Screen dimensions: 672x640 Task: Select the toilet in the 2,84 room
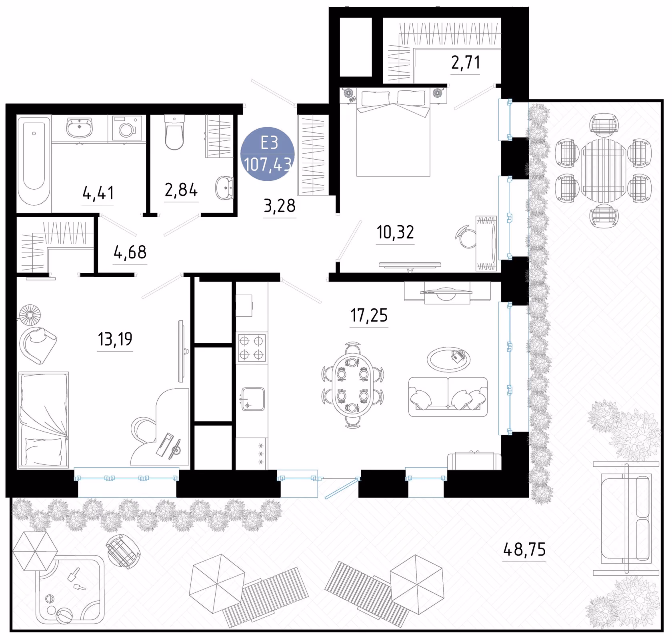point(174,132)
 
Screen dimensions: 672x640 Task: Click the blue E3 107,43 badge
point(268,154)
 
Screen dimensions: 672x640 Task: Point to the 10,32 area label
point(395,232)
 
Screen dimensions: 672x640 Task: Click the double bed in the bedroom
point(393,132)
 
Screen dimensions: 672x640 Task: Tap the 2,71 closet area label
point(466,62)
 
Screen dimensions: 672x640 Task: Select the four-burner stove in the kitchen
point(252,348)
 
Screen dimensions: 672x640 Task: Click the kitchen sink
point(252,399)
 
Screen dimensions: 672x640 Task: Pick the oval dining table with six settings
point(352,385)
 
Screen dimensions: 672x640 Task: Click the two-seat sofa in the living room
point(448,397)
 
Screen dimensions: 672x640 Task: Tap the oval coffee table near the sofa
point(448,360)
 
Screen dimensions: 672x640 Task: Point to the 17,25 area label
point(369,316)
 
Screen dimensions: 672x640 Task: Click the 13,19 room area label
point(115,339)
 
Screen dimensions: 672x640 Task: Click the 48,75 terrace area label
point(524,550)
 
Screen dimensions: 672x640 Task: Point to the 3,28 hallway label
point(280,206)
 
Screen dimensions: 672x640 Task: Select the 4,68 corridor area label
point(130,252)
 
